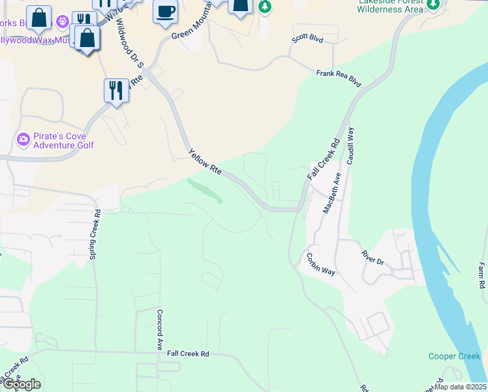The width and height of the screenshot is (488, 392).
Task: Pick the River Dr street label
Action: click(x=373, y=257)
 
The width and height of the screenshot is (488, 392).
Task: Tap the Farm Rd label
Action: click(x=481, y=276)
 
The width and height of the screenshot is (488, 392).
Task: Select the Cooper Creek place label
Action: click(x=454, y=356)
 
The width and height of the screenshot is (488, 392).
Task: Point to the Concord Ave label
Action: click(x=159, y=330)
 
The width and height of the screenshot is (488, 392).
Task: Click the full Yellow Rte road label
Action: click(x=206, y=163)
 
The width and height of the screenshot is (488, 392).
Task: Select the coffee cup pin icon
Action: click(x=165, y=10)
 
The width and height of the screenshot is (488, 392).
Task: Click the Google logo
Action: click(x=21, y=384)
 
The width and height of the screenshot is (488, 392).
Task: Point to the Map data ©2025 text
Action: click(x=459, y=387)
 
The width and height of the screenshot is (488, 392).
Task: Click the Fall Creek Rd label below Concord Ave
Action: click(x=188, y=353)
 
